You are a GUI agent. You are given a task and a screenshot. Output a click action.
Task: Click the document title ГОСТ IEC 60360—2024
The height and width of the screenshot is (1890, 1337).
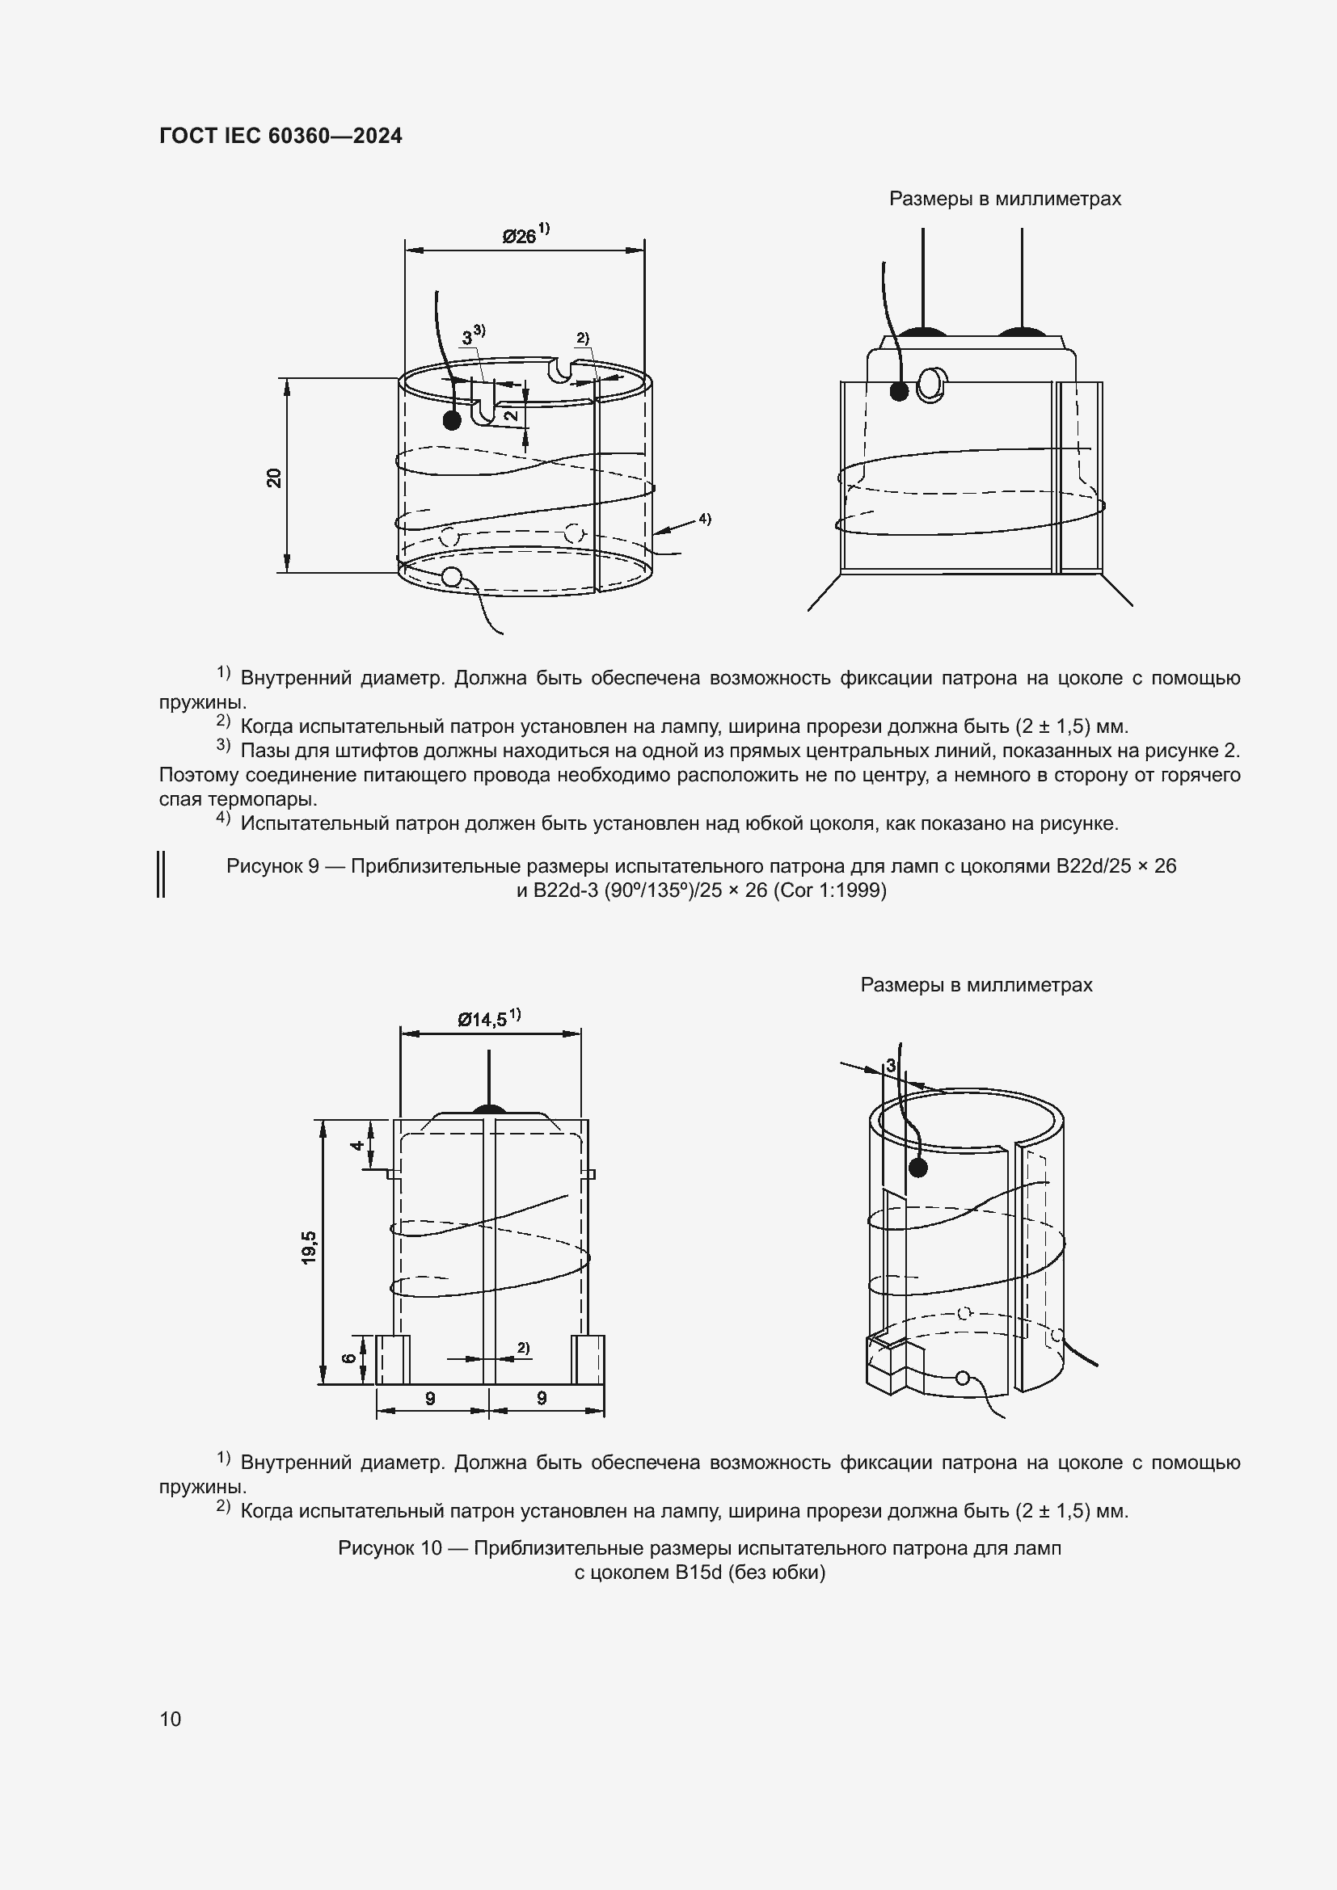coord(280,136)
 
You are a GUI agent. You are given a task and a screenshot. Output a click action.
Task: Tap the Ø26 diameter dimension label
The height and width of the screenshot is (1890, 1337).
coord(520,237)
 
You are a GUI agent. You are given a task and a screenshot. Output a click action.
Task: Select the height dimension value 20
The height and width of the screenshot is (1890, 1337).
coord(274,478)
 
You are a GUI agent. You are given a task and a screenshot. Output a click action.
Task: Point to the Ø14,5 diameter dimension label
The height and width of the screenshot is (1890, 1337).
coord(483,1020)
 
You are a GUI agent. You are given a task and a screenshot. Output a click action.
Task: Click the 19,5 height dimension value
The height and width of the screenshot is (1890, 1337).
coord(309,1247)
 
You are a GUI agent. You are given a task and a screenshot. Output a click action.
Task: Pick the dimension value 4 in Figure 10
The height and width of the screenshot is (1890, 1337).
coord(358,1145)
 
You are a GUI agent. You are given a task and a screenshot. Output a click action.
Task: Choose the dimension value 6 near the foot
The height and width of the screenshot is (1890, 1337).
coord(349,1358)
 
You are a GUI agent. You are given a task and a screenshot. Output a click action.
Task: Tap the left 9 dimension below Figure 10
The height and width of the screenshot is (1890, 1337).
coord(430,1398)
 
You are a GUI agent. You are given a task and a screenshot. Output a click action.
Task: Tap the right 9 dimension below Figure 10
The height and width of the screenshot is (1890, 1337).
coord(542,1398)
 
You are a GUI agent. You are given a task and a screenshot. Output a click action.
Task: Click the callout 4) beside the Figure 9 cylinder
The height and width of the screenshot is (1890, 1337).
coord(705,519)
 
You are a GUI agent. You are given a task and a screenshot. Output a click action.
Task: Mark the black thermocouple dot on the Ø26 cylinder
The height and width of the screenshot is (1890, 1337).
coord(451,420)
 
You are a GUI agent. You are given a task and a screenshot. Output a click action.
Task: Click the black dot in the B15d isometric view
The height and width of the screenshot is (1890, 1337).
coord(917,1168)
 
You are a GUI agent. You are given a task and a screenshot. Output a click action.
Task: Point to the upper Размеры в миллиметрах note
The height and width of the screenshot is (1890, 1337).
coord(1005,200)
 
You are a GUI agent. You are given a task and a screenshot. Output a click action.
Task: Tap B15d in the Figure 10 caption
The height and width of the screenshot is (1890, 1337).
coord(698,1572)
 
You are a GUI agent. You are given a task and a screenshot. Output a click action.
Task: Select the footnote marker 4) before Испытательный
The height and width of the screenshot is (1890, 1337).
coord(223,818)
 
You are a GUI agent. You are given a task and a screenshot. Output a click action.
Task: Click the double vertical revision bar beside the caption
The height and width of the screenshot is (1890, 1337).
coord(162,874)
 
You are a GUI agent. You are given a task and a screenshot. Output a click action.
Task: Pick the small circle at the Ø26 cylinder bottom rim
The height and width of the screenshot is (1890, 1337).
coord(450,577)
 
